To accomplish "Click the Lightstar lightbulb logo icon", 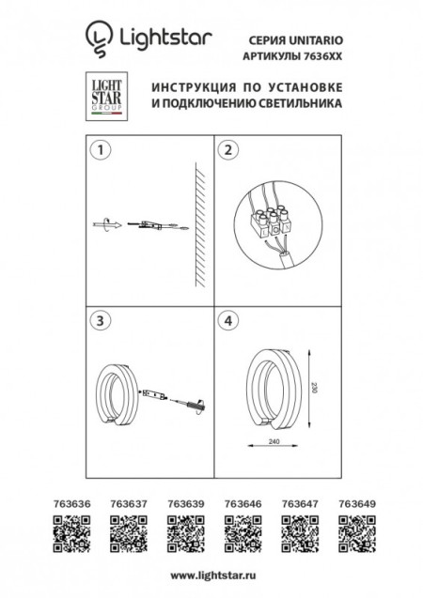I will [x=98, y=37].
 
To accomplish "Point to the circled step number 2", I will [x=227, y=150].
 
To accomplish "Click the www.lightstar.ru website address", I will [x=211, y=574].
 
